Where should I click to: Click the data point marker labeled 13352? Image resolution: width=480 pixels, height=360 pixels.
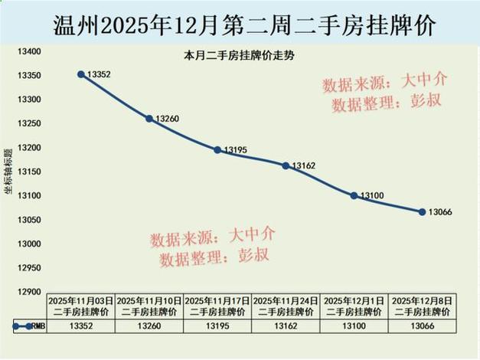tap(80, 74)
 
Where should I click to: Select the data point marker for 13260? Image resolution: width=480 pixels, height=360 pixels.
tap(149, 119)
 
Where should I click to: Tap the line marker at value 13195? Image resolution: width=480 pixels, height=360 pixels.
tap(217, 150)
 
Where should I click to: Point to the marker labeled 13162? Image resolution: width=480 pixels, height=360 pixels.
tap(286, 165)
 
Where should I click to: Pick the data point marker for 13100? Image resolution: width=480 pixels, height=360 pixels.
tap(354, 195)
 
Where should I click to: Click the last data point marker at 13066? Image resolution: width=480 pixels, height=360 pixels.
tap(422, 211)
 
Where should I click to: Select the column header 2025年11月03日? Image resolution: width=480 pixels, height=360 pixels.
tap(80, 306)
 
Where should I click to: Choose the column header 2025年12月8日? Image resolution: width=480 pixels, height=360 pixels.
tap(422, 306)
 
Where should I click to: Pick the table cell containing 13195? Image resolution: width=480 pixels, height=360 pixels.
tap(217, 326)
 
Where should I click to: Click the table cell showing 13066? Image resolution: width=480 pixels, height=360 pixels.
tap(422, 326)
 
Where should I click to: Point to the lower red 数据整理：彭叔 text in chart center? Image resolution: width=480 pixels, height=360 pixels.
tap(214, 258)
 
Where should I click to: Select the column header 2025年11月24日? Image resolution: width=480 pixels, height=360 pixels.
tap(286, 306)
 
